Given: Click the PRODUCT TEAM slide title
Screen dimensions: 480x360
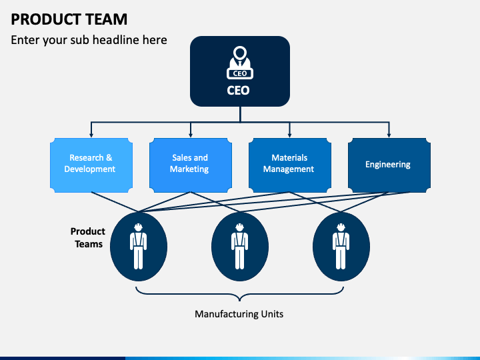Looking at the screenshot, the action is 69,19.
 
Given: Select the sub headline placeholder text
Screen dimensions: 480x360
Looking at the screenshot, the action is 89,40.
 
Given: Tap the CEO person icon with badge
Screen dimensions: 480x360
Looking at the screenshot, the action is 240,63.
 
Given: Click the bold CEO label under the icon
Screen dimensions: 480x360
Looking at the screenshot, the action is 238,90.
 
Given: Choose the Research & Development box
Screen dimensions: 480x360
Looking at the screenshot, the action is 91,165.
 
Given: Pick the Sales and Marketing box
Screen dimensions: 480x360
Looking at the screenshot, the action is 191,165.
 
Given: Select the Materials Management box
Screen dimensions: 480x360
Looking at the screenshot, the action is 289,165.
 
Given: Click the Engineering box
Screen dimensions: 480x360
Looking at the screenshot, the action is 389,165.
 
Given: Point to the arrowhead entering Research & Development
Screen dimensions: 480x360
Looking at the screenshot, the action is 91,135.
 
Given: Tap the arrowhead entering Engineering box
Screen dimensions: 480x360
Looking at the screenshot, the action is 389,135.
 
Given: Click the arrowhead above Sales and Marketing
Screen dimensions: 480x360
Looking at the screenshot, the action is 191,135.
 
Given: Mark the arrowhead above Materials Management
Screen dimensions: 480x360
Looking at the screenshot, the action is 289,135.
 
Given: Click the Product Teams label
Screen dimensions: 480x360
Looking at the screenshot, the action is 88,237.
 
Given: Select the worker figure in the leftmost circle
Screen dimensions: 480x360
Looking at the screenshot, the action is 139,247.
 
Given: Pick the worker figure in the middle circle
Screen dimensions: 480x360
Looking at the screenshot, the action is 240,247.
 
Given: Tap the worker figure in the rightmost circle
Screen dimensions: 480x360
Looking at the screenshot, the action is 341,247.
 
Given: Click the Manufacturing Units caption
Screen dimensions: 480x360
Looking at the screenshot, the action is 239,314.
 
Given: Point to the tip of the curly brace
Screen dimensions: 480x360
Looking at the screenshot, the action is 239,301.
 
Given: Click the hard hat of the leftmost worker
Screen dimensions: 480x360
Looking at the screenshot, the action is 139,227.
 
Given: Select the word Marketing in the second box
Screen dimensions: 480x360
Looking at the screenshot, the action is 189,169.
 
